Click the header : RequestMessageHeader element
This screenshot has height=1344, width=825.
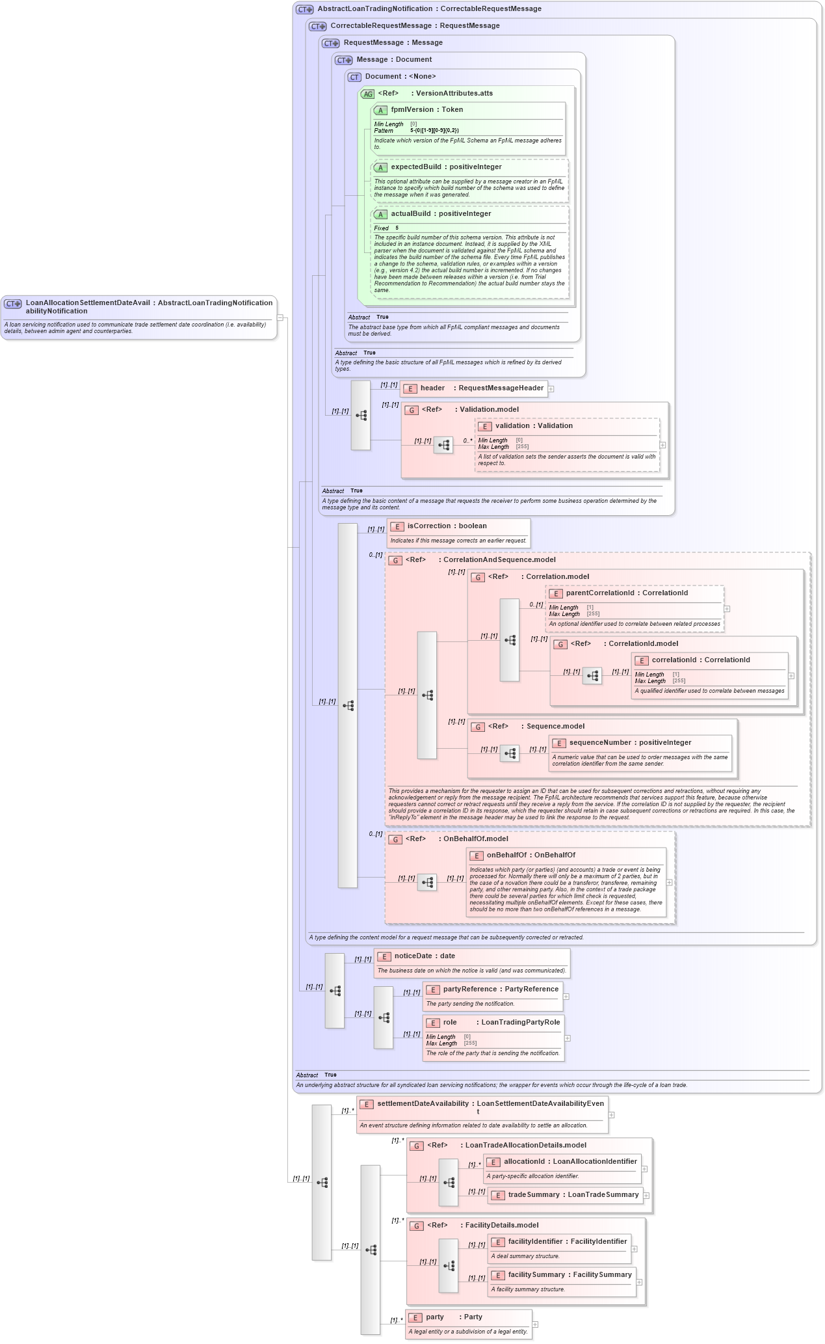(481, 388)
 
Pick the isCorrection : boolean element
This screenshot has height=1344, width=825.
(447, 526)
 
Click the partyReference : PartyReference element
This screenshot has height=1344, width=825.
(501, 989)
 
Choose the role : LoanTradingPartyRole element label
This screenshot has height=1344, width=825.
(501, 1023)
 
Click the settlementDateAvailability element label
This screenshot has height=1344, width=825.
(423, 1104)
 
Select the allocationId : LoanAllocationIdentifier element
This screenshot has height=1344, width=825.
(570, 1162)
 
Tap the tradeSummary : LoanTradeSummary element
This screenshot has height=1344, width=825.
(573, 1195)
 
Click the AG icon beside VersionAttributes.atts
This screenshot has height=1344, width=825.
(368, 94)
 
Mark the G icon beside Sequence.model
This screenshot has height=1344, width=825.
(478, 727)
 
